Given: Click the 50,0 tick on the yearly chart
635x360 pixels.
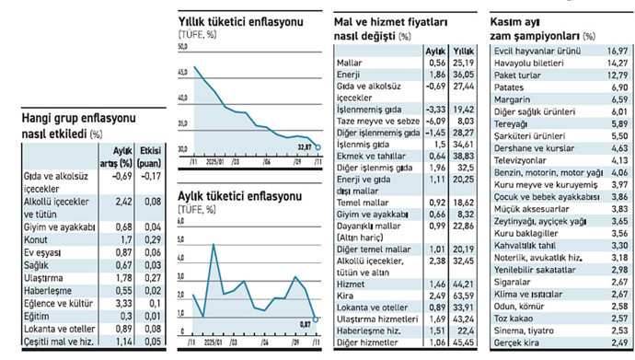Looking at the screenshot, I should click(x=183, y=47).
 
